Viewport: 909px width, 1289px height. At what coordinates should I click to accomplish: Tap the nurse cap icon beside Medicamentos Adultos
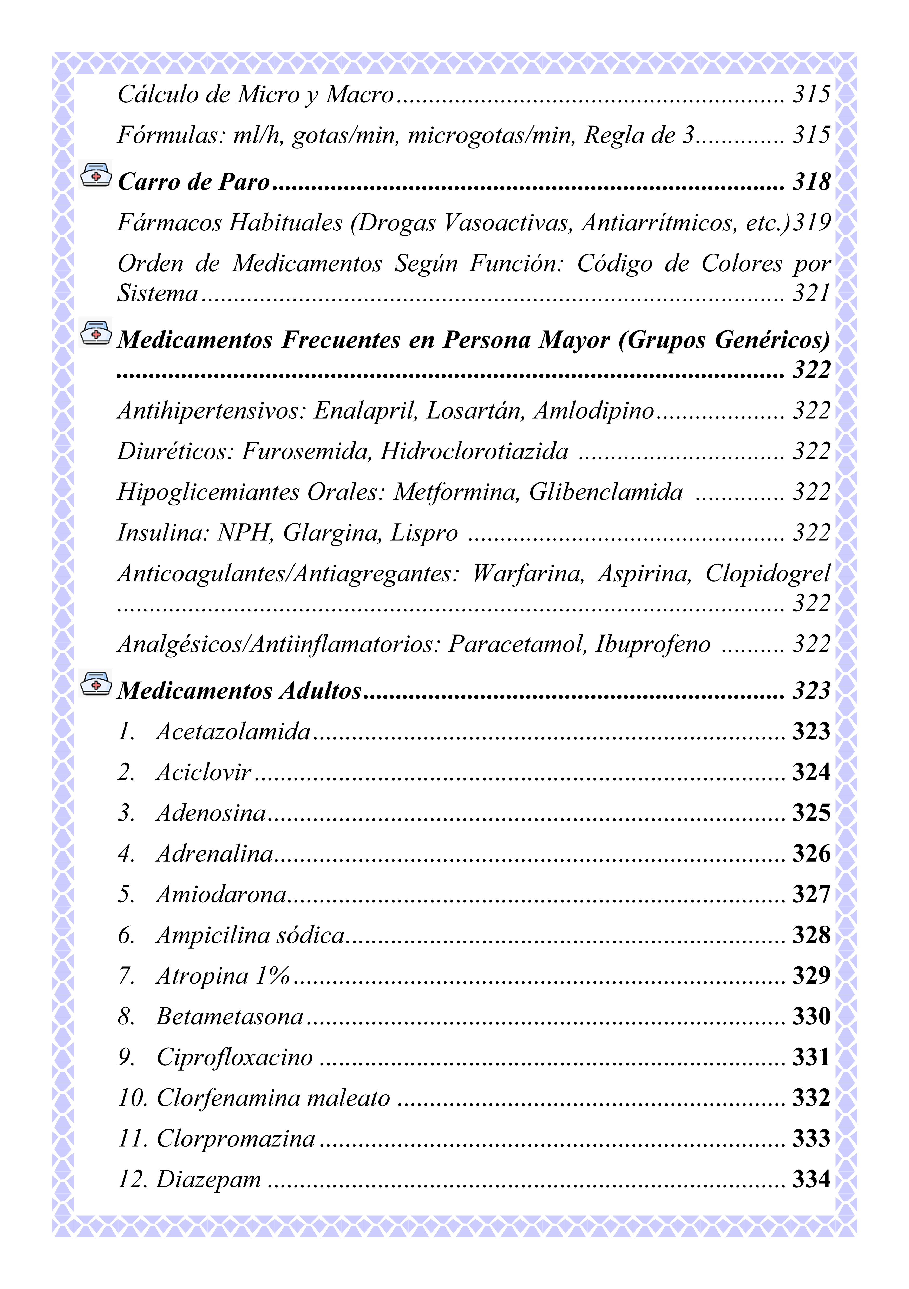[x=96, y=684]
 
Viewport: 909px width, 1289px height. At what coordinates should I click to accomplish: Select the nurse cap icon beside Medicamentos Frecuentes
[x=96, y=333]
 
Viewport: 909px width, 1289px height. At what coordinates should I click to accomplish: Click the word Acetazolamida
[x=233, y=731]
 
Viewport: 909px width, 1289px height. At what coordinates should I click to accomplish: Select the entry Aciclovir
[x=203, y=772]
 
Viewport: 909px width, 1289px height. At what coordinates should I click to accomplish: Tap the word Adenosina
[x=211, y=813]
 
